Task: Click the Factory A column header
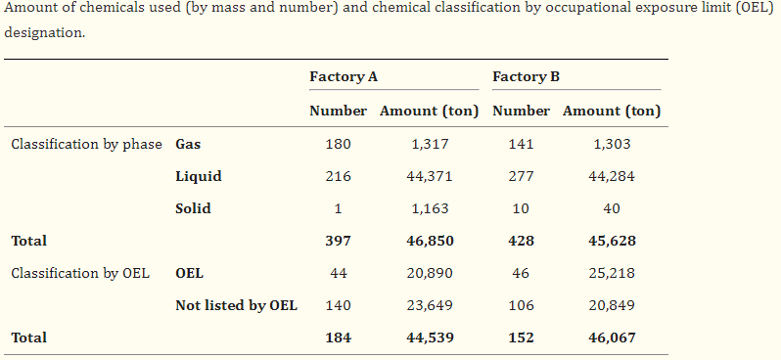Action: (344, 76)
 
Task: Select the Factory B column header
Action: (526, 76)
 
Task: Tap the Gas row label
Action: (188, 144)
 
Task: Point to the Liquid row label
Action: (199, 176)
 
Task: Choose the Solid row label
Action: (193, 208)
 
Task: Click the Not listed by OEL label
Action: (236, 305)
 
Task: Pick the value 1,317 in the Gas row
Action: (430, 144)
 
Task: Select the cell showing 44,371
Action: (430, 176)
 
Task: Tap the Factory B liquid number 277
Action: (521, 176)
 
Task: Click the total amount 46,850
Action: (430, 241)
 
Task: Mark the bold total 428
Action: (521, 241)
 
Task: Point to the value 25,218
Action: (612, 273)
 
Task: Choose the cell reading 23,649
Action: (430, 305)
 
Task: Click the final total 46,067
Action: (612, 337)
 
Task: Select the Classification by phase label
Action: (87, 145)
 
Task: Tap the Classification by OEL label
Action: (80, 273)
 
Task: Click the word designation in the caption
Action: (44, 33)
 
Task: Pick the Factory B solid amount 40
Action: (612, 208)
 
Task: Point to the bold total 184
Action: (339, 337)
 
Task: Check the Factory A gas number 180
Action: (339, 144)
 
